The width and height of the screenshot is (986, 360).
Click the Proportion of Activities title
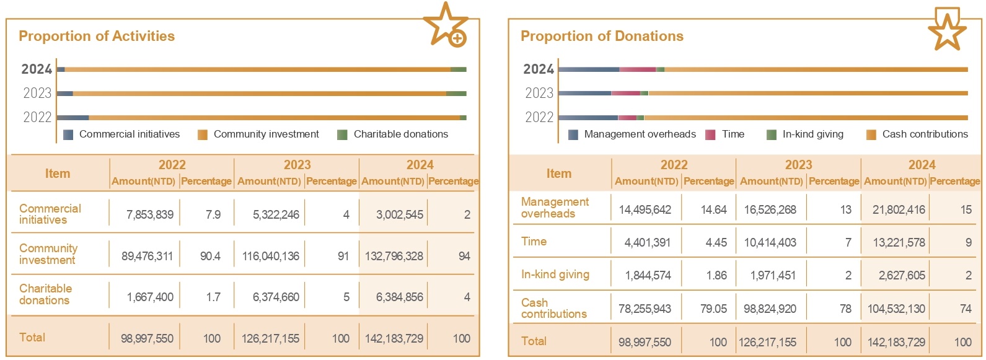pos(97,36)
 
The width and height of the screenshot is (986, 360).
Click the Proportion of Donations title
pos(602,36)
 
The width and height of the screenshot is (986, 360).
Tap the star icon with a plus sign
pos(446,25)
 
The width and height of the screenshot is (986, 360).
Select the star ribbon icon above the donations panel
pos(947,29)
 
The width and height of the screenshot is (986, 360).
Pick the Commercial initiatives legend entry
pos(122,134)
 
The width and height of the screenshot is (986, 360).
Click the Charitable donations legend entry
pos(394,134)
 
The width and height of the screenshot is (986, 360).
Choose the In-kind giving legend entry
pos(806,134)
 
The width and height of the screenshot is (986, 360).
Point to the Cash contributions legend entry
pos(917,134)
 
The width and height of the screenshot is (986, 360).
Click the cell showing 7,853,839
pos(150,214)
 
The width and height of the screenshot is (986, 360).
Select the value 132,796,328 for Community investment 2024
pos(394,256)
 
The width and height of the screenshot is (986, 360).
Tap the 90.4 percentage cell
pos(210,256)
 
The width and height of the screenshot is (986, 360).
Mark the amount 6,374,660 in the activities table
pos(276,297)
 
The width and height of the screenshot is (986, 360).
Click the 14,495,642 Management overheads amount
pos(645,209)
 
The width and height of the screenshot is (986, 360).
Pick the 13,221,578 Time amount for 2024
pos(899,242)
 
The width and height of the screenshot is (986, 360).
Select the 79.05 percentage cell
pos(713,309)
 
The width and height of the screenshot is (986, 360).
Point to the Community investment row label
pos(48,254)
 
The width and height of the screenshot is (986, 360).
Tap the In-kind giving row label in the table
pos(555,274)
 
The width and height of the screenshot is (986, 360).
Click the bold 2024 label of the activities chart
pos(37,69)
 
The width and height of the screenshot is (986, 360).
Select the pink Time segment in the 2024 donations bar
pos(637,69)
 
